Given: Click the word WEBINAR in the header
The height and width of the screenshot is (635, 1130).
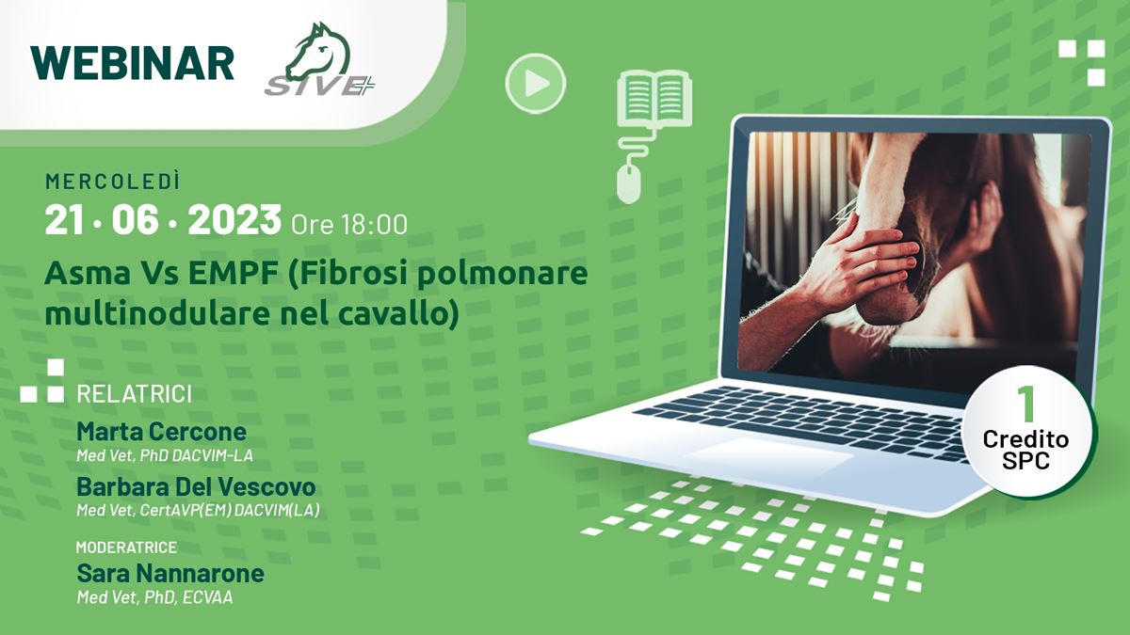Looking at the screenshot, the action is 132,63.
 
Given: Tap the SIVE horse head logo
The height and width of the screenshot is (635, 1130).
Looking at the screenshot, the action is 320,59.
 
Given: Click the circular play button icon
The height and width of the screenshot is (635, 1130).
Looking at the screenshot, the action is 535,83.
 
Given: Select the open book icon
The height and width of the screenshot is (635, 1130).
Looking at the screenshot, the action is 654,98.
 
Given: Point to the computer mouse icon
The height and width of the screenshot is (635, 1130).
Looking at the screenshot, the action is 629,184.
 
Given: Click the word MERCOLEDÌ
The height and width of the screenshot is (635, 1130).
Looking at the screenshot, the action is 112,182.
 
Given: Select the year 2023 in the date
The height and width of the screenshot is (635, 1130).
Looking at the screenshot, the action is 234,220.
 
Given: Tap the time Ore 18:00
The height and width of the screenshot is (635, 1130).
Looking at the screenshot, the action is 349,225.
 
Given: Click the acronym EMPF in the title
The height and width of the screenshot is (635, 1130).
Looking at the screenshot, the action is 234,274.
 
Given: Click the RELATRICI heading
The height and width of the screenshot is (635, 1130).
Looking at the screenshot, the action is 134,394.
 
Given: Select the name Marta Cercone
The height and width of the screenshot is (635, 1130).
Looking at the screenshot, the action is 161,432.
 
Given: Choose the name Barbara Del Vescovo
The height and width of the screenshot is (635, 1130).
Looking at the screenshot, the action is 196,487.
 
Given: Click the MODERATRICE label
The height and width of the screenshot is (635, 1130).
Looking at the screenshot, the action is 126,548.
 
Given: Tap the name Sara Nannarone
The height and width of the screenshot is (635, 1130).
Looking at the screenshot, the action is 170,574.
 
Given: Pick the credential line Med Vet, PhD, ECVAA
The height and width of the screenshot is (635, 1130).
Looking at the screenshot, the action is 154,598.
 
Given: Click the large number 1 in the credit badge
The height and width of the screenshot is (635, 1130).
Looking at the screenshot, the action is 1026,405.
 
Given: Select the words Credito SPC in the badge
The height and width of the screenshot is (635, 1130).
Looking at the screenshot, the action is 1025,450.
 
